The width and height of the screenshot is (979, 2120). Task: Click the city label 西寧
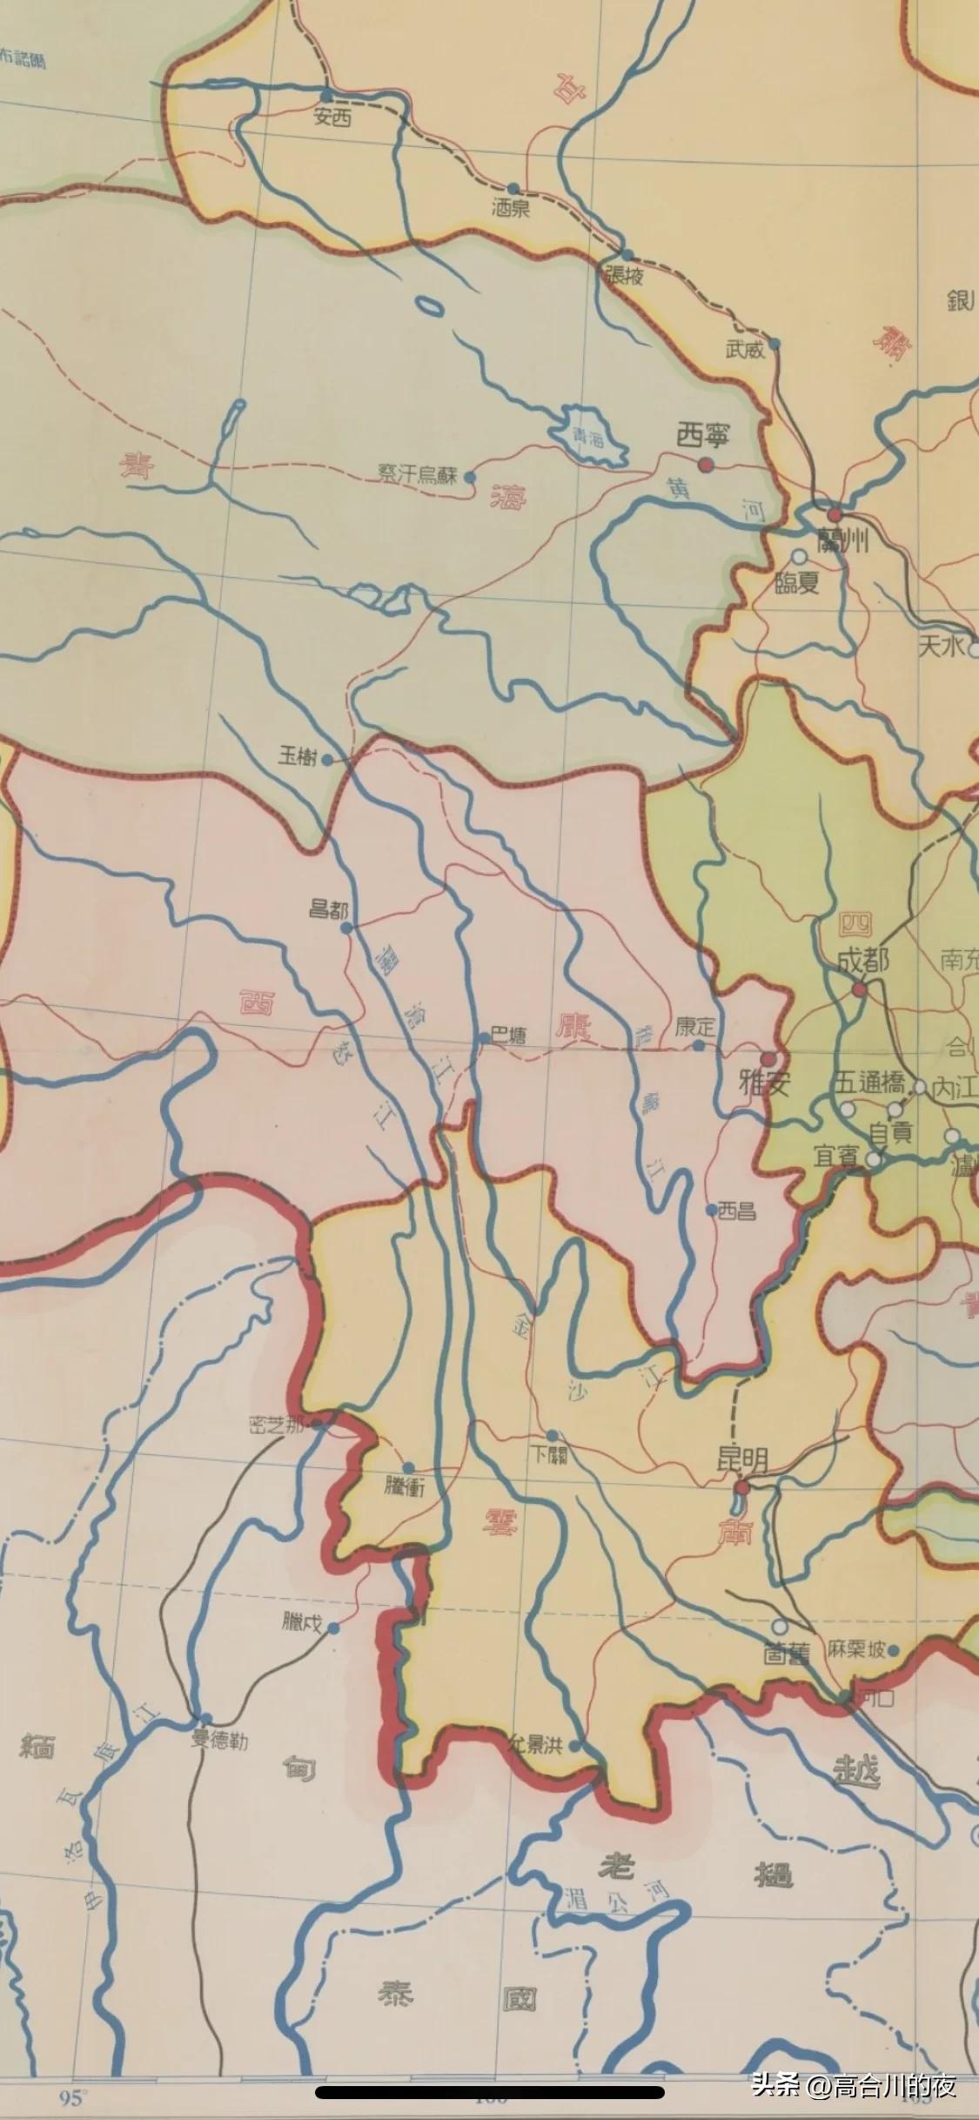(x=702, y=436)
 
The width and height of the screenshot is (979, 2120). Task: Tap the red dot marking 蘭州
(x=834, y=514)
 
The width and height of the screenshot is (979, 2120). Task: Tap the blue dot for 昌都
(x=345, y=928)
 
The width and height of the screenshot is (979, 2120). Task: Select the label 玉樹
(x=296, y=756)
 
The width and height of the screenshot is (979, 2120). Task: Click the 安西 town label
(x=333, y=117)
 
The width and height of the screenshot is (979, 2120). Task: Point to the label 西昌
(x=737, y=1211)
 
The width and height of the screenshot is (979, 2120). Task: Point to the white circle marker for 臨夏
(x=798, y=555)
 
